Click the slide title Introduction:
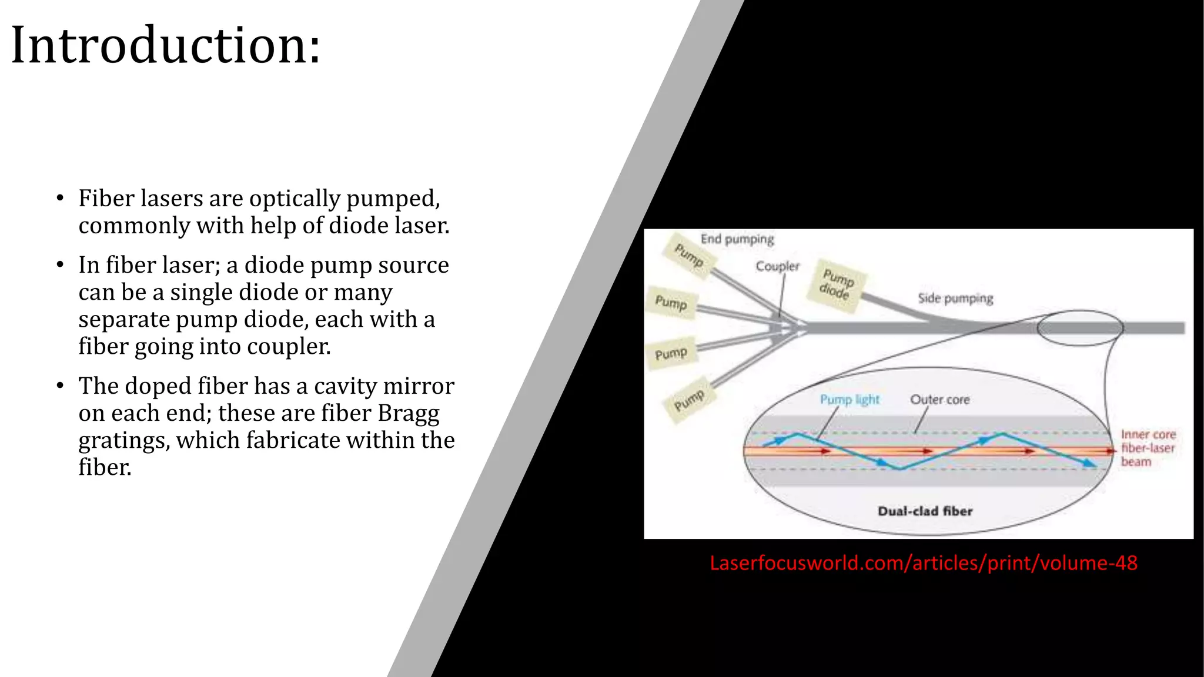pyautogui.click(x=166, y=45)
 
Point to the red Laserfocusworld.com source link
pyautogui.click(x=924, y=563)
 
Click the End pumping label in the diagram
pyautogui.click(x=737, y=239)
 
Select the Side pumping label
pyautogui.click(x=955, y=299)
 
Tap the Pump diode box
pyautogui.click(x=837, y=284)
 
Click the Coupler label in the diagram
pyautogui.click(x=777, y=266)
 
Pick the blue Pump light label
pyautogui.click(x=850, y=400)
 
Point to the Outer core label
pyautogui.click(x=939, y=400)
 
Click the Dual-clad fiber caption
pyautogui.click(x=925, y=511)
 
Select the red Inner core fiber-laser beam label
pyautogui.click(x=1148, y=448)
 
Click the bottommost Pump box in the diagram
pyautogui.click(x=688, y=400)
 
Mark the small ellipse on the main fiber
pyautogui.click(x=1080, y=328)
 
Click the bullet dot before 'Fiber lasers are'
pyautogui.click(x=60, y=199)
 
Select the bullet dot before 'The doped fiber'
pyautogui.click(x=60, y=386)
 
